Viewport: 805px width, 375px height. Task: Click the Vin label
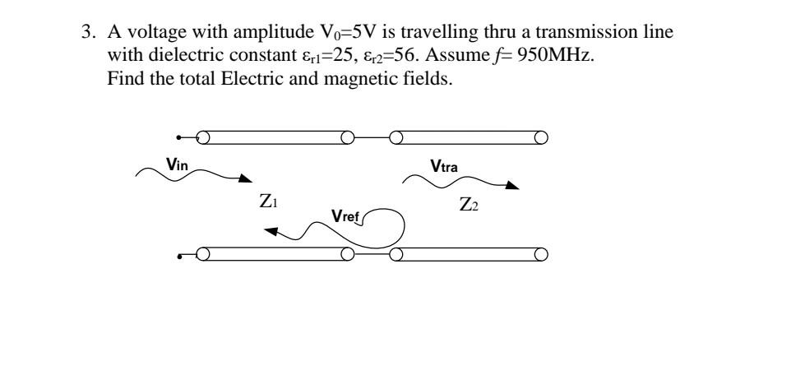178,164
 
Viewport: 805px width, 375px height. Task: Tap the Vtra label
445,167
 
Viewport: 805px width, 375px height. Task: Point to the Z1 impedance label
268,201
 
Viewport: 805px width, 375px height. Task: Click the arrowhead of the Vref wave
269,234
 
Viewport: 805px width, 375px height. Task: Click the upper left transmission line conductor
275,137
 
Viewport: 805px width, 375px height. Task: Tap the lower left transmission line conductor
275,253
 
